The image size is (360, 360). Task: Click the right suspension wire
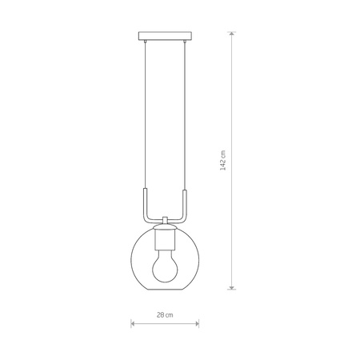point(185,120)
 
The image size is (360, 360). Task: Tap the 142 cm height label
point(224,159)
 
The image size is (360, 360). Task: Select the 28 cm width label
point(163,315)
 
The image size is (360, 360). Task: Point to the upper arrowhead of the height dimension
point(233,34)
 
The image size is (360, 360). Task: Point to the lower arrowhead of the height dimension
point(233,286)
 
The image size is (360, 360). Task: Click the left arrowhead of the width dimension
point(132,324)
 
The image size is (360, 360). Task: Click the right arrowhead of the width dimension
point(196,324)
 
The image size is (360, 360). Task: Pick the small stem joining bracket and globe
point(164,221)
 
